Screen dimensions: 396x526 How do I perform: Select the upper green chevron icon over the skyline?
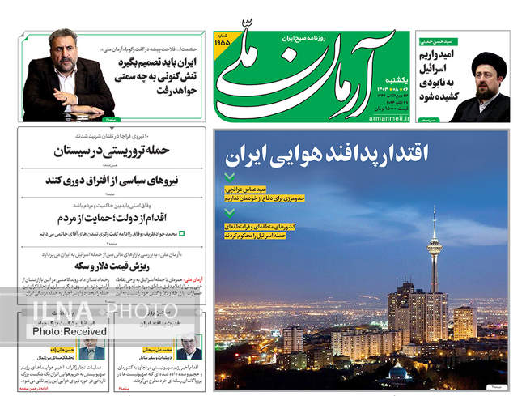(x=231, y=177)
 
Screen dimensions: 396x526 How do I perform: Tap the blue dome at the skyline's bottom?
(x=397, y=372)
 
